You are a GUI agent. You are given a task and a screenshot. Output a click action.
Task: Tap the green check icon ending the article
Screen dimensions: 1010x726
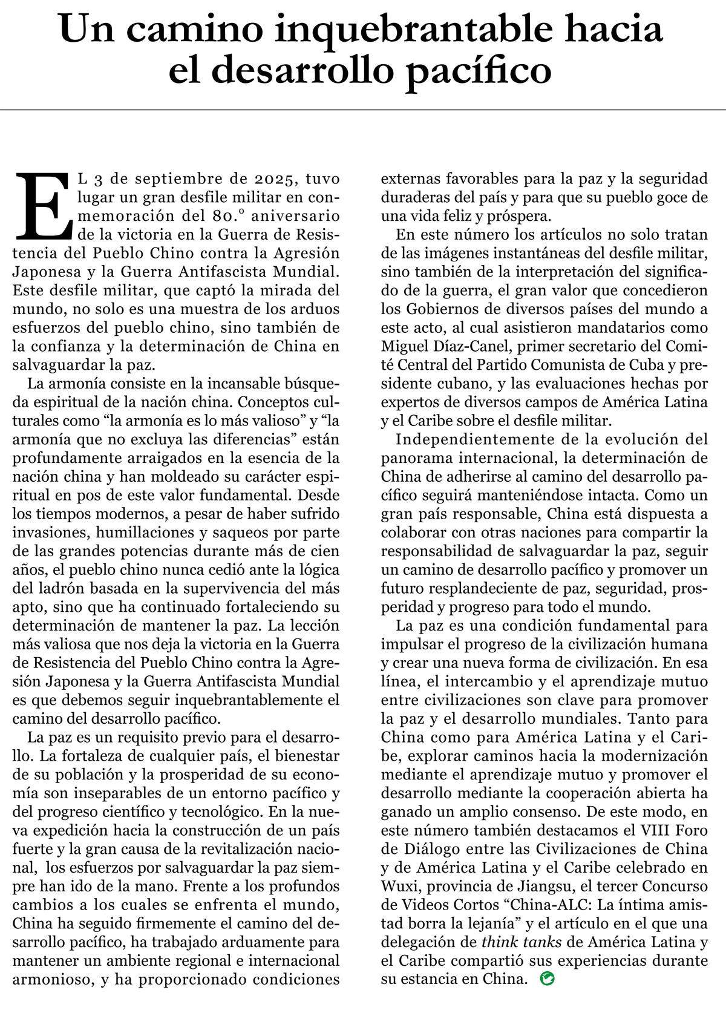point(547,979)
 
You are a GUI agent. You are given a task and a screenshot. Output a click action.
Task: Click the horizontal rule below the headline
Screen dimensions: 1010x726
point(363,110)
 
